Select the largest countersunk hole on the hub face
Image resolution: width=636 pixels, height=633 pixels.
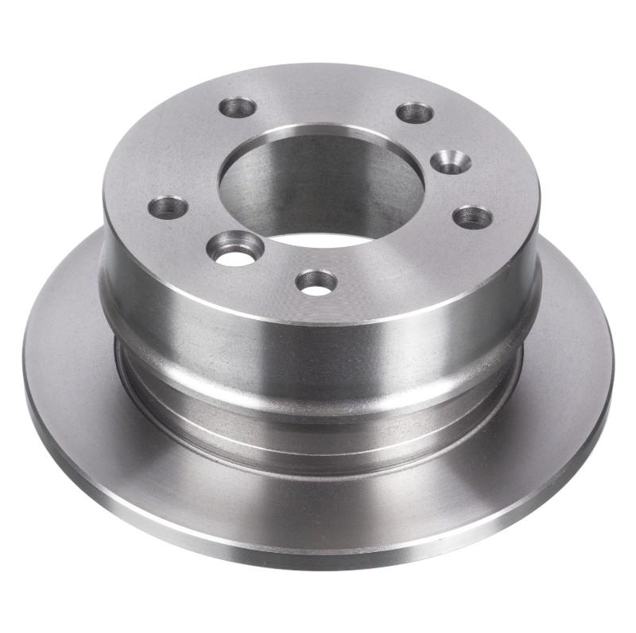tap(235, 248)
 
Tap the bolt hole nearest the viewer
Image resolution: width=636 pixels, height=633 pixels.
tap(316, 280)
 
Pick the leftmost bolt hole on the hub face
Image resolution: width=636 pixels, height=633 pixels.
tap(169, 207)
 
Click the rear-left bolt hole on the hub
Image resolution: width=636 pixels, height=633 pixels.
tap(237, 107)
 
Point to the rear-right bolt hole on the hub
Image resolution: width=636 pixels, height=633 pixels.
tap(414, 112)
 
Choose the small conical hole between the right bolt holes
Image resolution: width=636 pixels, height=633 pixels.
tap(450, 161)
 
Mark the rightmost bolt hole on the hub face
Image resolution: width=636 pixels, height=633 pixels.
tap(473, 216)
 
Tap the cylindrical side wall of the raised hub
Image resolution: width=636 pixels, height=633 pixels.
tap(318, 334)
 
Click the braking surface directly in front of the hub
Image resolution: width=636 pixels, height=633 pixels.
tap(318, 500)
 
